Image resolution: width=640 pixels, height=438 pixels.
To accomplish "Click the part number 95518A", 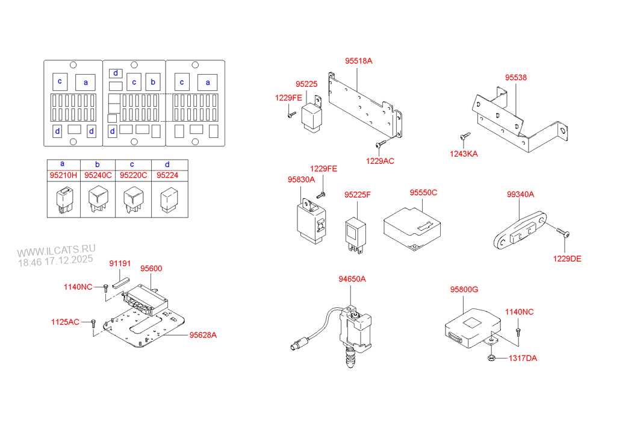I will [358, 61].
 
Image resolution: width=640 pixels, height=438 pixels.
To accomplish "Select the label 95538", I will [515, 78].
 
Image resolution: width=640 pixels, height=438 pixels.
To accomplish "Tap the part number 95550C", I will [423, 192].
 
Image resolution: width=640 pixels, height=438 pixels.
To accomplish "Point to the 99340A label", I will [520, 194].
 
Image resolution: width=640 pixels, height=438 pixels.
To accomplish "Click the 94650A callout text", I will [352, 279].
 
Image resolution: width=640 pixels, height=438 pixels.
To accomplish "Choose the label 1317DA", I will [523, 358].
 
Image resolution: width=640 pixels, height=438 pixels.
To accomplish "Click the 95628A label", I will [203, 336].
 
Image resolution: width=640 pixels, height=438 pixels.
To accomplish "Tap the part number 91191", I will [119, 264].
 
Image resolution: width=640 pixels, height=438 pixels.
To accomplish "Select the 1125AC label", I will [65, 322].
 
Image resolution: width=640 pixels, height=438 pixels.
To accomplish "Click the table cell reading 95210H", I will [63, 175].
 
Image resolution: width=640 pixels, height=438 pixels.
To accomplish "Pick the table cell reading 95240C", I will [98, 175].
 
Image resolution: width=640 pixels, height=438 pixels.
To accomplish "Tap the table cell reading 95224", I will [167, 175].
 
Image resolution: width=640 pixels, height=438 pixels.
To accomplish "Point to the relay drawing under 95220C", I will [132, 200].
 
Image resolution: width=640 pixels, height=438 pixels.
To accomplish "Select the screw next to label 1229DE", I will [561, 233].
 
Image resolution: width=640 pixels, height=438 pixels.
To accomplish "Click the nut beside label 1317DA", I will [491, 359].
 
